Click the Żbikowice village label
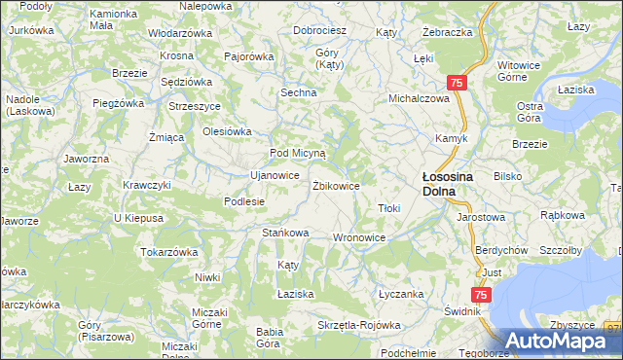point(337,185)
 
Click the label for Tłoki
point(389,208)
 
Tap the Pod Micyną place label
point(303,154)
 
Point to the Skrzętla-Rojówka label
point(359,325)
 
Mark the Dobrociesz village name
point(321,30)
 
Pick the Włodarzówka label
point(179,32)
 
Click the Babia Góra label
point(270,337)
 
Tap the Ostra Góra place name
point(531,111)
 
